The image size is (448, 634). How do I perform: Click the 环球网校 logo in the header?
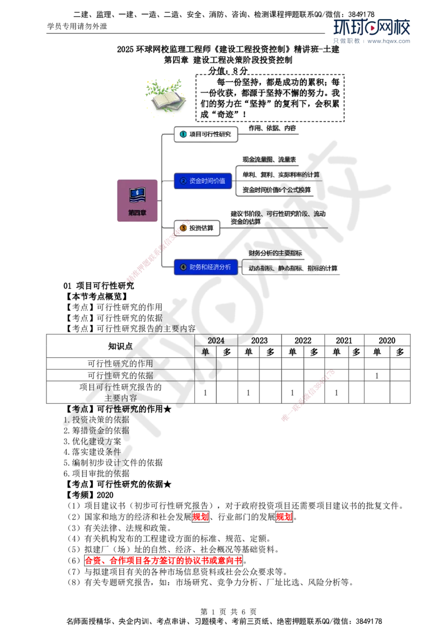[372, 27]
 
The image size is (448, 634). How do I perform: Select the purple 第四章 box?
[137, 201]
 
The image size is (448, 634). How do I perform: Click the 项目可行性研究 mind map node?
[206, 134]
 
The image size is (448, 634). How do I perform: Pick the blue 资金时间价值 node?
[203, 181]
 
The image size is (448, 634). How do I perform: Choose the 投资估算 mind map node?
[197, 228]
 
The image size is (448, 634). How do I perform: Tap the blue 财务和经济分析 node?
[206, 267]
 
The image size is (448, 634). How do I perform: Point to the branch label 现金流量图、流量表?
[269, 160]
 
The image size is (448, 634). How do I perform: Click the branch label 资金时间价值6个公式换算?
[277, 190]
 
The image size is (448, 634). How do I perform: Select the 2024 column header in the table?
[216, 341]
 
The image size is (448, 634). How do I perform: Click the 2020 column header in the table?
[387, 341]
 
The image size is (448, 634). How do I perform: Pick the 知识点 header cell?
[120, 346]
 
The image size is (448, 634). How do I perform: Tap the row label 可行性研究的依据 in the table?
[120, 375]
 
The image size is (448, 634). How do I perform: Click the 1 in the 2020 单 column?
[377, 376]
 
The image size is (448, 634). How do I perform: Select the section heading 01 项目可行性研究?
[99, 286]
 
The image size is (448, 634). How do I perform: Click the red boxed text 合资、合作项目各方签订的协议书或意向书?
[164, 561]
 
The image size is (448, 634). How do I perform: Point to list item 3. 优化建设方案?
[92, 441]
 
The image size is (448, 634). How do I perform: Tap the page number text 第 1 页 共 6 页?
[228, 612]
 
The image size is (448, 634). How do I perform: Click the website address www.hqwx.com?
[389, 41]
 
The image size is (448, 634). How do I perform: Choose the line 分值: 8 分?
[228, 71]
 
